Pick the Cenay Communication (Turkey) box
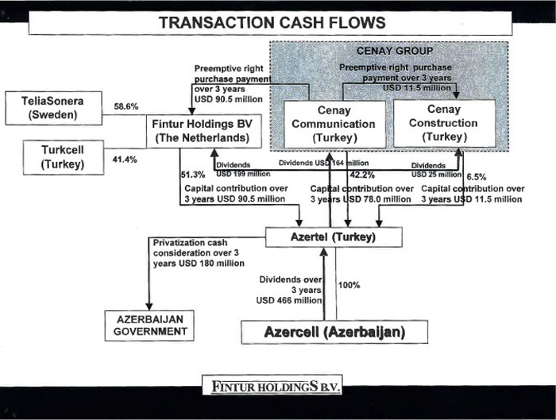click(x=334, y=123)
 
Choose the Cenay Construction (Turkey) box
click(x=443, y=123)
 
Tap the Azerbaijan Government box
click(x=149, y=326)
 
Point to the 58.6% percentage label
click(x=127, y=106)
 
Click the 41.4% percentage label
click(x=126, y=160)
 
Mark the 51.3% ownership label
click(x=194, y=174)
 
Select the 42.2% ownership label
click(x=362, y=175)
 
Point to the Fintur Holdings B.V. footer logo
click(x=272, y=387)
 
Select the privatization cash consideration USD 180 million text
click(x=197, y=252)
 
